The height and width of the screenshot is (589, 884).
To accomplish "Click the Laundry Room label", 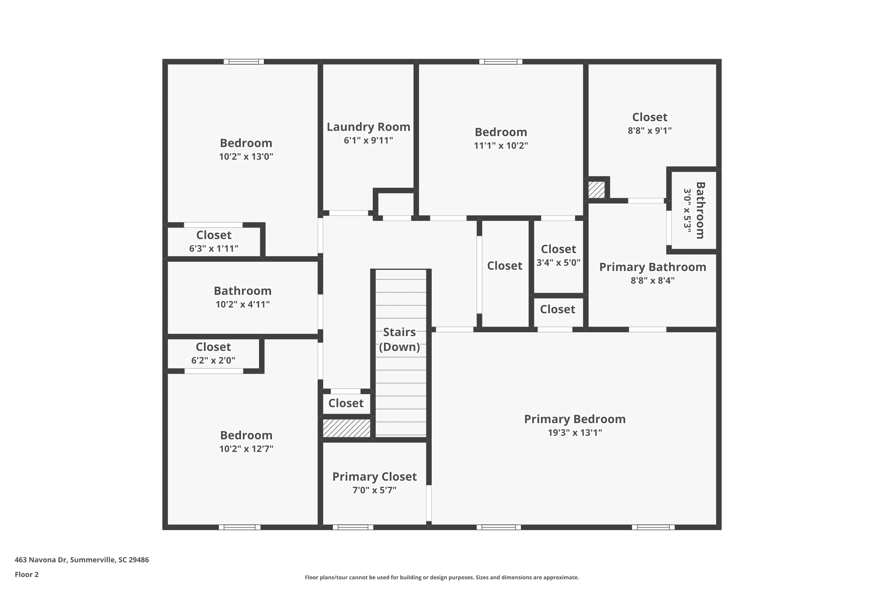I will pyautogui.click(x=368, y=127).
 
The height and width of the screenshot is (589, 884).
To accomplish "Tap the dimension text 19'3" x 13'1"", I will pyautogui.click(x=574, y=432).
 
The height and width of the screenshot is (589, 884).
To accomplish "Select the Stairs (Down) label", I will pyautogui.click(x=399, y=339).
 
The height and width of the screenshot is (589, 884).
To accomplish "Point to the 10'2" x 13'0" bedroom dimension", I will pyautogui.click(x=246, y=156).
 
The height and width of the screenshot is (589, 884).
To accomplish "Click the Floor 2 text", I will pyautogui.click(x=27, y=574).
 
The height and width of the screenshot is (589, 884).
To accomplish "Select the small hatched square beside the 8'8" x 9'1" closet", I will pyautogui.click(x=596, y=190).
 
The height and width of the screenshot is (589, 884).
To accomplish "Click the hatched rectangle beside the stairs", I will pyautogui.click(x=347, y=428).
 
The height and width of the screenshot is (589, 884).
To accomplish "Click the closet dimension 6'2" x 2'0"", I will pyautogui.click(x=213, y=360).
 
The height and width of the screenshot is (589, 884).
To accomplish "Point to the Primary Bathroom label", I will pyautogui.click(x=652, y=267).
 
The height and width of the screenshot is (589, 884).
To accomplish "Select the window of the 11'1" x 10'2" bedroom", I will pyautogui.click(x=501, y=62).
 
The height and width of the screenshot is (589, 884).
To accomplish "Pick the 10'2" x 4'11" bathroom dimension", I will pyautogui.click(x=243, y=304).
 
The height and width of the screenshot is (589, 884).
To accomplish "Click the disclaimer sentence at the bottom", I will pyautogui.click(x=442, y=577).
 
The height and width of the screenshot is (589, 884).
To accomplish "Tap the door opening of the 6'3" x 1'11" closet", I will pyautogui.click(x=213, y=225).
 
